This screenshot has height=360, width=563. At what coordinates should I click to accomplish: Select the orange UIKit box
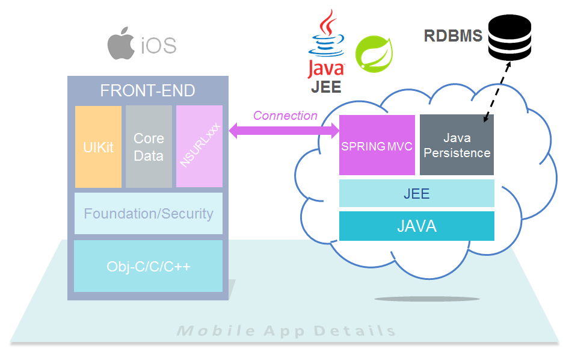click(99, 147)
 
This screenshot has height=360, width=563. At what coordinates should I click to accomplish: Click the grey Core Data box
click(149, 147)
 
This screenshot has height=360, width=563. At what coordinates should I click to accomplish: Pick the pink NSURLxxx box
click(199, 147)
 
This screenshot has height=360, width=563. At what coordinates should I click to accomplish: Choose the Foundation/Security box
click(148, 213)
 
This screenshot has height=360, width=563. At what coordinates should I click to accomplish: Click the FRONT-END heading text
click(148, 91)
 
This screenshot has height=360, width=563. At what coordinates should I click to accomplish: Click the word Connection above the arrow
click(285, 116)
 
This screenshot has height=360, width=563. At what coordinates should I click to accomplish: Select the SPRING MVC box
click(377, 146)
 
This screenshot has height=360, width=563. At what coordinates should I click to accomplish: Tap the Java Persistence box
click(457, 146)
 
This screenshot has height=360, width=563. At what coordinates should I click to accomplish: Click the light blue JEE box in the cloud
click(417, 194)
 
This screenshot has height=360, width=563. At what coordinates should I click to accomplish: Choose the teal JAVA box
click(417, 226)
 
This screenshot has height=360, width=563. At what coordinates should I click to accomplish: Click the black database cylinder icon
click(509, 37)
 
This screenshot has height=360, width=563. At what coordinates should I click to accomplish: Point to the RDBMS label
click(453, 36)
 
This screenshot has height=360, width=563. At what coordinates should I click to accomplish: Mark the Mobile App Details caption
click(286, 331)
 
